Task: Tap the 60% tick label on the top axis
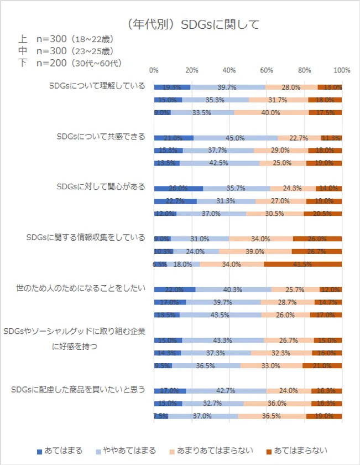pos(267,70)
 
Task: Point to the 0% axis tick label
pos(154,70)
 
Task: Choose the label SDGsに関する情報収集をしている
pos(85,237)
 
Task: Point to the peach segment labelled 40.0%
pos(270,112)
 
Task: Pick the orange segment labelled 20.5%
pos(322,214)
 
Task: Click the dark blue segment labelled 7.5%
pos(160,416)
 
